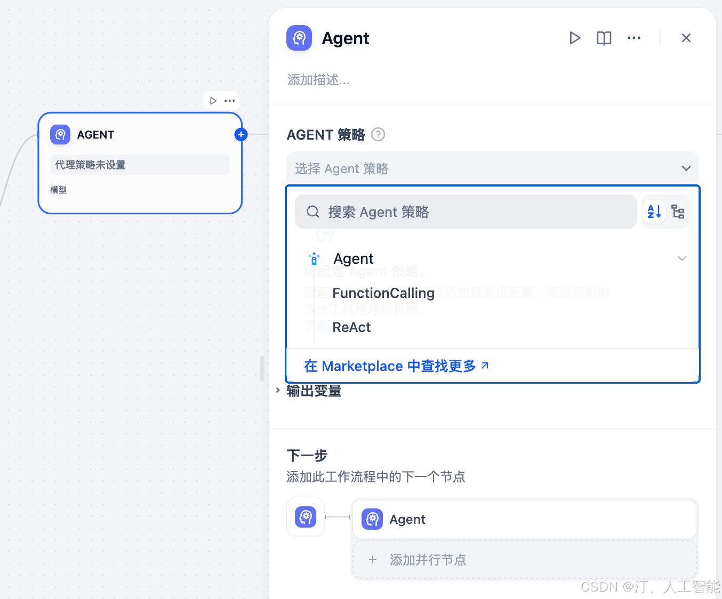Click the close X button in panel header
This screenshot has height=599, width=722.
coord(686,38)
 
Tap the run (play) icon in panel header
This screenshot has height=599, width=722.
coord(574,38)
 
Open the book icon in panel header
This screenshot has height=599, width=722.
coord(604,38)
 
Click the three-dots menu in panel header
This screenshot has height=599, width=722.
coord(633,38)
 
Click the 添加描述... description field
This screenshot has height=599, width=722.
coord(318,80)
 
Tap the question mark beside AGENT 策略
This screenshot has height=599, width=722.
coord(378,134)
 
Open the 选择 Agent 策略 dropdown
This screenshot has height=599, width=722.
coord(492,168)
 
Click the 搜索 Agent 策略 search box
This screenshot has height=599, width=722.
coord(466,212)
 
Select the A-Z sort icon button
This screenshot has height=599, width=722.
coord(654,212)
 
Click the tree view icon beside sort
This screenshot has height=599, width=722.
coord(678,212)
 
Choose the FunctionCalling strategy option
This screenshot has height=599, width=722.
coord(383,293)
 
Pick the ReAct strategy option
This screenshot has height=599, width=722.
coord(351,327)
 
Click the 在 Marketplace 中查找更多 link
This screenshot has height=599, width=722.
coord(396,366)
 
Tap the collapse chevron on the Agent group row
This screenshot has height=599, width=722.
coord(681,258)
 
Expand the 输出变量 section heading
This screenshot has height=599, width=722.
coord(314,391)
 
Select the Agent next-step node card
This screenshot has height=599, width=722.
coord(524,519)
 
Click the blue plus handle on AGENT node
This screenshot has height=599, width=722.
coord(241,134)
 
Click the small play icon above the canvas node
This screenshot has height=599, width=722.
coord(213,101)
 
